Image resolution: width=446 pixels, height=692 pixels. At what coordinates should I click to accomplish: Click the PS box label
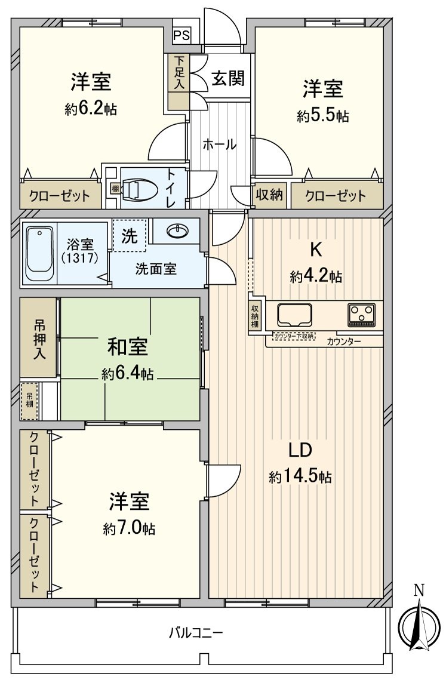(182, 35)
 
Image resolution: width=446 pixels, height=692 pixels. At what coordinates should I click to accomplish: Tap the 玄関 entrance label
(227, 78)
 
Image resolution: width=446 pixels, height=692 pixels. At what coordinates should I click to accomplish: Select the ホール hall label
(219, 144)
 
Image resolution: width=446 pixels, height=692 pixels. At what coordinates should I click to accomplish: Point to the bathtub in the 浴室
(39, 254)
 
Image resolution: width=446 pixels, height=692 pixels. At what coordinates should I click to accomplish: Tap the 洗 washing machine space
(128, 236)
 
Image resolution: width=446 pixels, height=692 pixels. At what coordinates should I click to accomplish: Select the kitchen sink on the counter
(295, 314)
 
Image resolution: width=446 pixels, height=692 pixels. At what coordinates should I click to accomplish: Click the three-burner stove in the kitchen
(362, 315)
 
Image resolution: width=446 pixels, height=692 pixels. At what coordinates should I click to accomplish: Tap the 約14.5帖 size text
(300, 477)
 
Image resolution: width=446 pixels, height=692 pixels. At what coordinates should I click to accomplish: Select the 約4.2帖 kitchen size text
(316, 276)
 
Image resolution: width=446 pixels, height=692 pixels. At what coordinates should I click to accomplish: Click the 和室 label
(128, 347)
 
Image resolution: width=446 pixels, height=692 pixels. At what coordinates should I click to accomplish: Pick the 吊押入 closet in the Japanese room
(39, 338)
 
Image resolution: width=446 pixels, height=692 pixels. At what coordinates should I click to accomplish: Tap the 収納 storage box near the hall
(269, 195)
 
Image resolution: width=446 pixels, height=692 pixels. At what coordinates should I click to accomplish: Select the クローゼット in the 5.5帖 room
(336, 195)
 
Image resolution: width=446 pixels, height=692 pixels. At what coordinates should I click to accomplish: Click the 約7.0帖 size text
(129, 528)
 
